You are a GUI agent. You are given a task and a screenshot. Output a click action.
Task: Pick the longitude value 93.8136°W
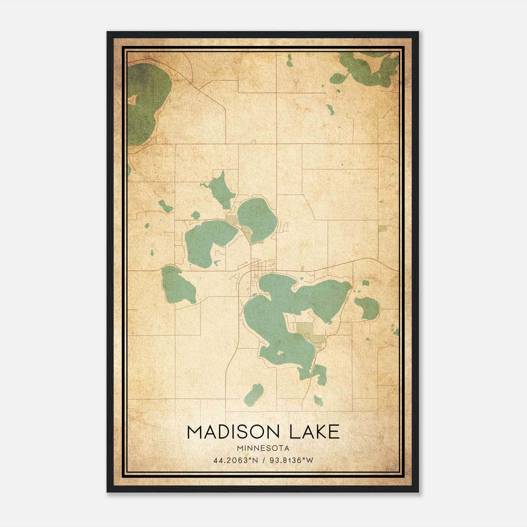291,460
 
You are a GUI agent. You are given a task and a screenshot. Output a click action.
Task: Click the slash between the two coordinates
264,460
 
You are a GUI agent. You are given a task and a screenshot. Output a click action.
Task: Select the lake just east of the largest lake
367,308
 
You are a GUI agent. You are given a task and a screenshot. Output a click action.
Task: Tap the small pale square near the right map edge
382,229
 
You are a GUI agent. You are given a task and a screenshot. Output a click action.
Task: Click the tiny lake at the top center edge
289,62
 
